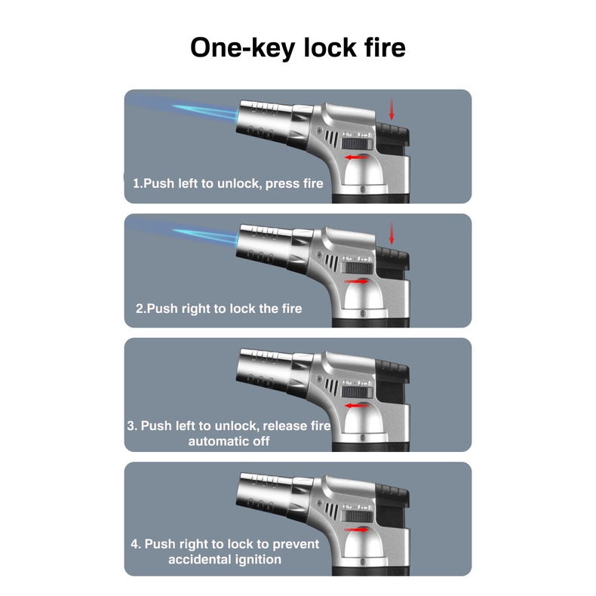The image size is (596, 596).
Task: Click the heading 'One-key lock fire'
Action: (297, 47)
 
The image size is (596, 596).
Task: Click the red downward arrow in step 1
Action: (391, 109)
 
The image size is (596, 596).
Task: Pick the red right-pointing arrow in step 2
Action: (357, 281)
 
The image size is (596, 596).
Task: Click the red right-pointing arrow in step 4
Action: (357, 529)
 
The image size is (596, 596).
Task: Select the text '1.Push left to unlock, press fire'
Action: (228, 183)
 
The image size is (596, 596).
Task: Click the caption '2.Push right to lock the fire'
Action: (219, 308)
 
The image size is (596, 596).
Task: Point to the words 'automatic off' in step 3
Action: (229, 441)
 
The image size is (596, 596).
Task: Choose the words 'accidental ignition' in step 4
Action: (225, 559)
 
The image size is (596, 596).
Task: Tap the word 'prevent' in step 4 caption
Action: (294, 544)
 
